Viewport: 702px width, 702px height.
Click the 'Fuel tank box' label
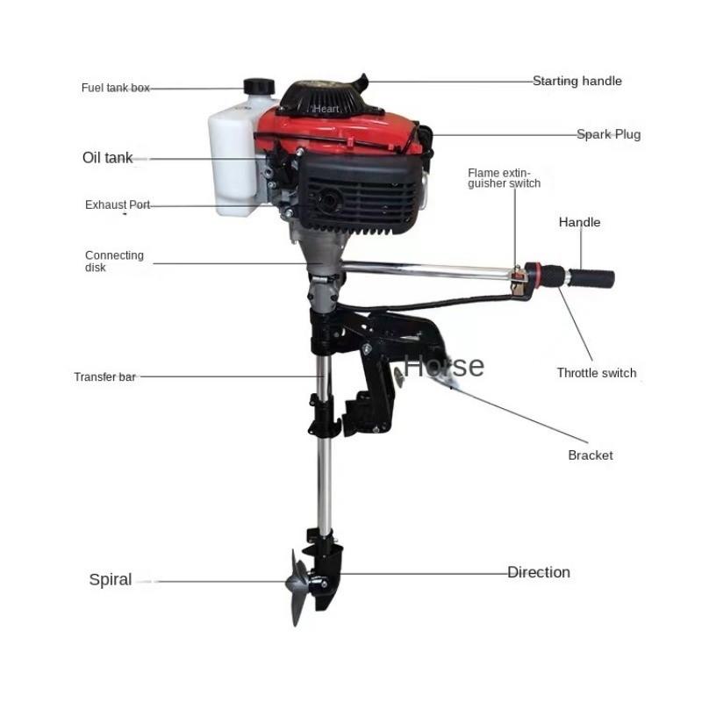[116, 88]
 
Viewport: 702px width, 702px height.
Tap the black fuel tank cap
[259, 86]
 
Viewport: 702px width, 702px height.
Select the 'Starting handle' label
[577, 81]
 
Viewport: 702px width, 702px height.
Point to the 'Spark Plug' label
[608, 134]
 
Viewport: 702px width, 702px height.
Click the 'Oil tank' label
[107, 158]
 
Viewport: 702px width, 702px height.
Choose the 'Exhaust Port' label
[118, 204]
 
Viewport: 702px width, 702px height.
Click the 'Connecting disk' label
[114, 261]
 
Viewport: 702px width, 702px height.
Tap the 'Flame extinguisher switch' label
[504, 178]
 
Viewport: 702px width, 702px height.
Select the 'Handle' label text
[579, 222]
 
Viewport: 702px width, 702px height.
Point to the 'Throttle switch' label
[596, 373]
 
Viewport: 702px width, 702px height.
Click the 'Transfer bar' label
[104, 376]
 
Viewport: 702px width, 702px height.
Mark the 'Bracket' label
[590, 455]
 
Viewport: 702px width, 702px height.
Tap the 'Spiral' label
[111, 579]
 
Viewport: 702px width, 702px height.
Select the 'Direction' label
[538, 572]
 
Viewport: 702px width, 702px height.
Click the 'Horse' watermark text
[443, 365]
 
